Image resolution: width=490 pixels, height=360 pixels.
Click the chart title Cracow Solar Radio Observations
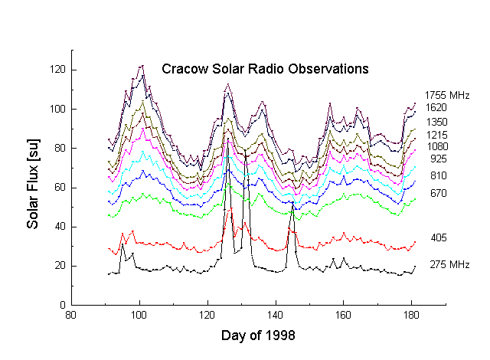tap(266, 69)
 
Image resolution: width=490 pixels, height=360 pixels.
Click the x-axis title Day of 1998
tap(258, 335)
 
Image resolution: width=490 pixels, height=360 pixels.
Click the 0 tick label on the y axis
tap(61, 305)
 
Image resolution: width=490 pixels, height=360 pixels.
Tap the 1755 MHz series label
tap(446, 96)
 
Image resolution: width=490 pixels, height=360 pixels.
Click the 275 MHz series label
tap(448, 264)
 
